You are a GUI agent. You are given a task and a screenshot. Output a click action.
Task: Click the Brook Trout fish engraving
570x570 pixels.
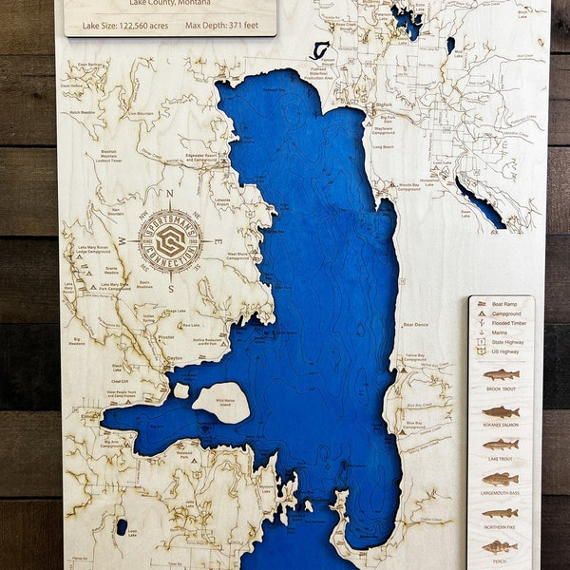pos(501,374)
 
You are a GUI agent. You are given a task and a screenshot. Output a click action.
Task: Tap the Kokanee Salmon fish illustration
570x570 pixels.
pos(501,411)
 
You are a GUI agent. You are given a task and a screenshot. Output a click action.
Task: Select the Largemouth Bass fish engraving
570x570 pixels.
pos(501,479)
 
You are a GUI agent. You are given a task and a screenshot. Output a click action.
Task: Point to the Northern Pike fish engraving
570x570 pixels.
pos(501,513)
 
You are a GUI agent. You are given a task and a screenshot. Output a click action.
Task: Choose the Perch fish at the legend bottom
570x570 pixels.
pos(501,546)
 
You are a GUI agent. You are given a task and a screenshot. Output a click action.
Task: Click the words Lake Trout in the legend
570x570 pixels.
pos(501,459)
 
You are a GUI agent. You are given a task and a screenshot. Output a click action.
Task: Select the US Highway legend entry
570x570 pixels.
pos(503,351)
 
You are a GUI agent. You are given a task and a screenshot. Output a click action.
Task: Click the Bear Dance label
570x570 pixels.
pos(415,324)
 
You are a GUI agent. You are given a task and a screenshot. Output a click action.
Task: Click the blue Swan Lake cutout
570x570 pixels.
pos(480,202)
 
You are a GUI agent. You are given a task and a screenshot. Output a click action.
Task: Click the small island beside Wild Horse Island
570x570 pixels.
pos(180,390)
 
